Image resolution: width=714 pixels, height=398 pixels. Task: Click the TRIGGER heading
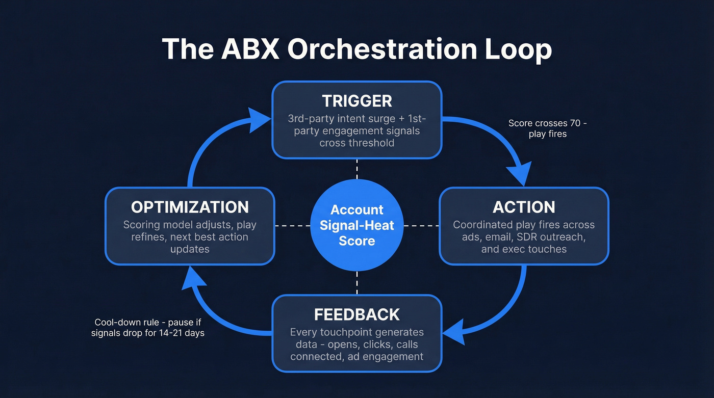[x=357, y=100]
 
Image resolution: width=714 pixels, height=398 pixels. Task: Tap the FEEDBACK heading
[x=357, y=314]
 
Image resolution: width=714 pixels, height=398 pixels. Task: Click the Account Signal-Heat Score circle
[x=357, y=225]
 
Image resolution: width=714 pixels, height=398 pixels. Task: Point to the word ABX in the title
[x=244, y=50]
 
